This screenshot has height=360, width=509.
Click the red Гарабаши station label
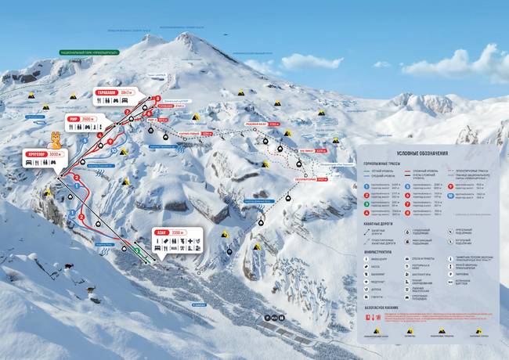[x=106, y=92]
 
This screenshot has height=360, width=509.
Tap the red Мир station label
[x=73, y=120]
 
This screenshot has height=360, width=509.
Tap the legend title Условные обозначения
[x=422, y=153]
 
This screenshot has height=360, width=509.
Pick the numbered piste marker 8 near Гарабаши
[x=157, y=99]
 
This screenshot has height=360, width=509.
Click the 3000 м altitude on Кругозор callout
[x=55, y=154]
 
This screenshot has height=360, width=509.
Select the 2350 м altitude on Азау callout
[x=178, y=232]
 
